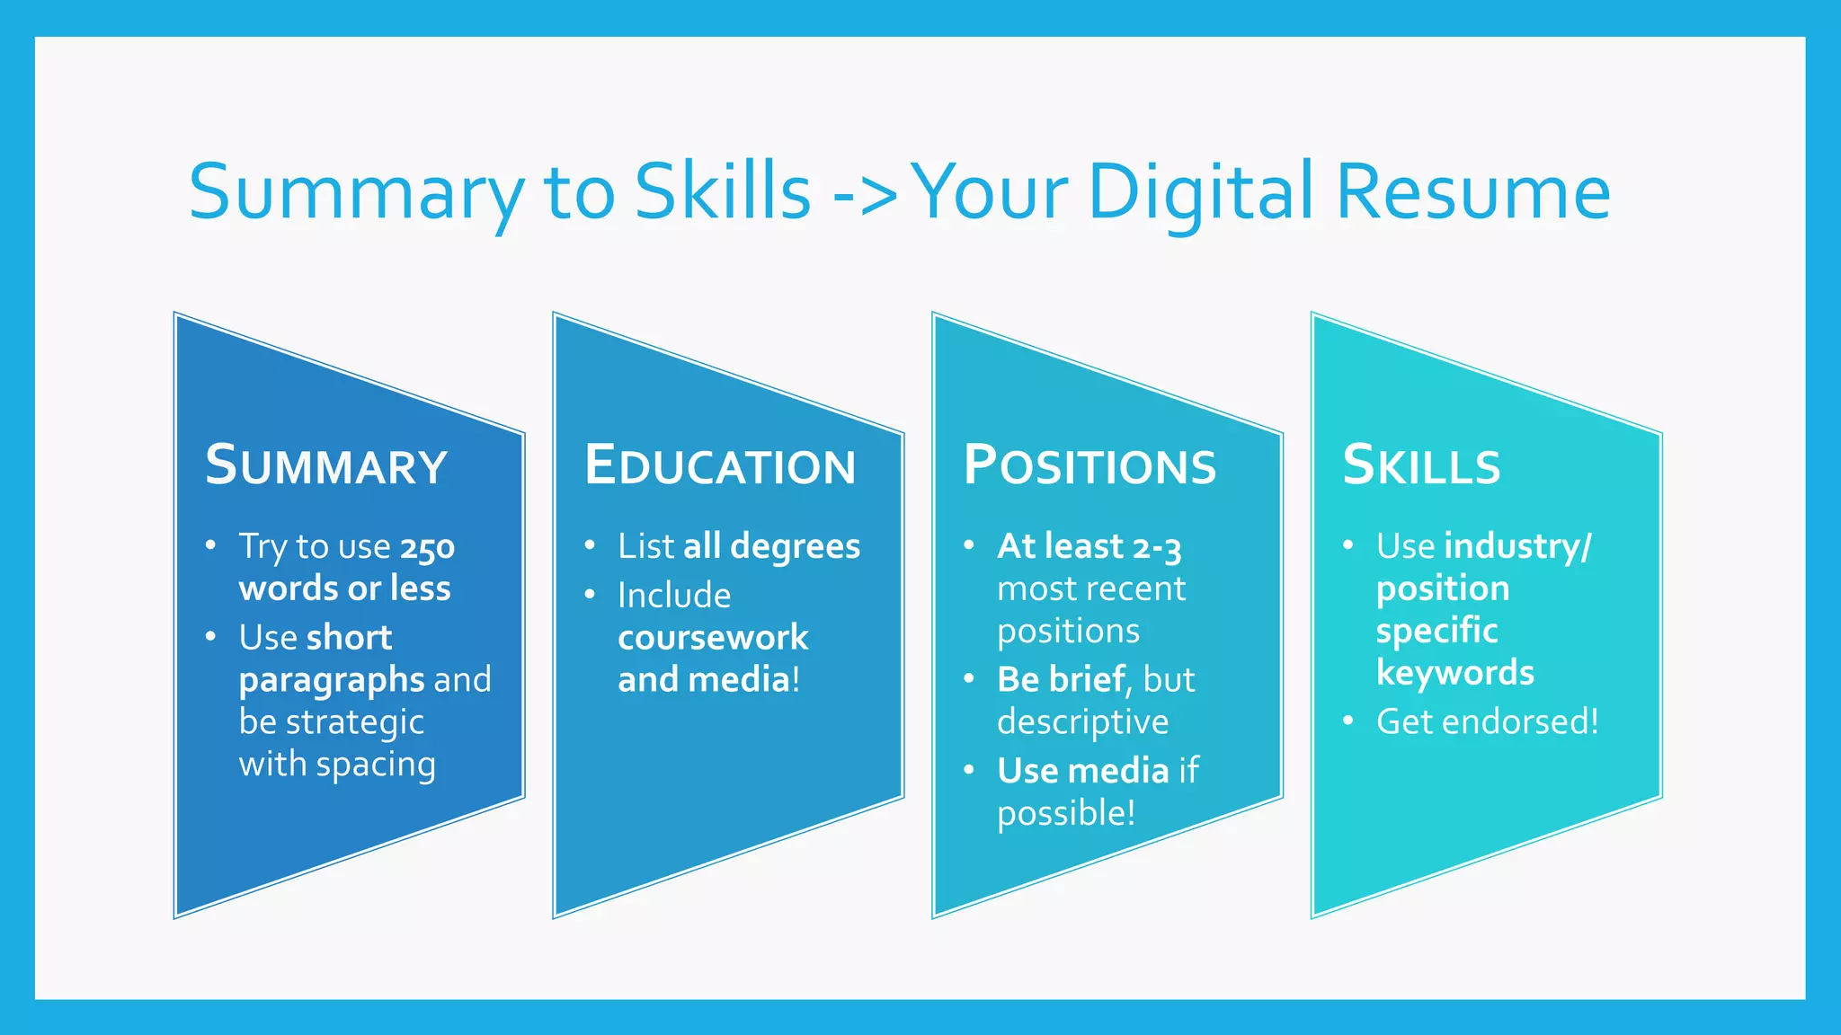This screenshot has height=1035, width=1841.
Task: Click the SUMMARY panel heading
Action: [x=325, y=465]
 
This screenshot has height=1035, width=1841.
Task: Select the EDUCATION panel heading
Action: [x=719, y=465]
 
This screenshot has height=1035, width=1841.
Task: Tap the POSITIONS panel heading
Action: [x=1089, y=465]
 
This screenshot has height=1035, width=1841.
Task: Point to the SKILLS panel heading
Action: [x=1421, y=465]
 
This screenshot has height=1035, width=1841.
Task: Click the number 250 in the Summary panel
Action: [x=428, y=547]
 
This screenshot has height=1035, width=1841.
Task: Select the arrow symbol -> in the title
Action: [x=865, y=193]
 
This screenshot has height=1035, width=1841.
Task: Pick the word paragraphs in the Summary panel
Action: [x=332, y=681]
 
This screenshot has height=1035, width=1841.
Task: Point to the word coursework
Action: [x=713, y=638]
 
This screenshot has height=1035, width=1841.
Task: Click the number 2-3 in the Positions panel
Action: [x=1157, y=547]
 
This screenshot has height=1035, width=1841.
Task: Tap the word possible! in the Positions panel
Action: [x=1066, y=814]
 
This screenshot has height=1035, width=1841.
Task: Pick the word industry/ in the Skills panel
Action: [x=1517, y=547]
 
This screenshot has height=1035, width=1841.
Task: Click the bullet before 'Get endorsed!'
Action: [x=1347, y=721]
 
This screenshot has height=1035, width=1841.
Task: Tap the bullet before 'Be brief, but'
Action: [x=969, y=678]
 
